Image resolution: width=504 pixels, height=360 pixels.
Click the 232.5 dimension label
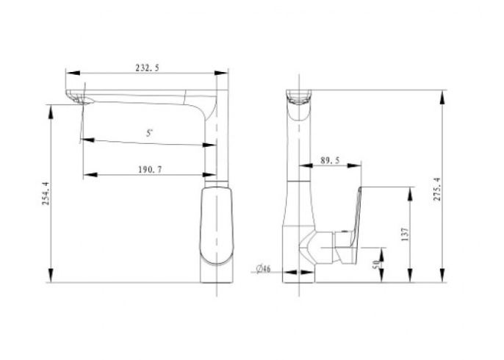pyautogui.click(x=147, y=68)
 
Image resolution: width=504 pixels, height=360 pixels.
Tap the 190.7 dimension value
pyautogui.click(x=150, y=170)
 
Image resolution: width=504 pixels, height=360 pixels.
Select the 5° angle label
pyautogui.click(x=149, y=133)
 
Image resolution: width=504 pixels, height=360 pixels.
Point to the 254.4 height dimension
pyautogui.click(x=46, y=193)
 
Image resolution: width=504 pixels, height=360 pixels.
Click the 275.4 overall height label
pyautogui.click(x=437, y=190)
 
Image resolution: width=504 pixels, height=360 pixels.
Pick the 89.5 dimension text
pyautogui.click(x=330, y=160)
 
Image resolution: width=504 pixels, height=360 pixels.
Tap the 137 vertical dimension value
pyautogui.click(x=405, y=234)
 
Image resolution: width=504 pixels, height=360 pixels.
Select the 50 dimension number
pyautogui.click(x=376, y=264)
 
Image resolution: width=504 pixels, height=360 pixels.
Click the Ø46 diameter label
pyautogui.click(x=264, y=268)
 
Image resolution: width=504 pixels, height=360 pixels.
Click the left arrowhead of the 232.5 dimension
pyautogui.click(x=73, y=73)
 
